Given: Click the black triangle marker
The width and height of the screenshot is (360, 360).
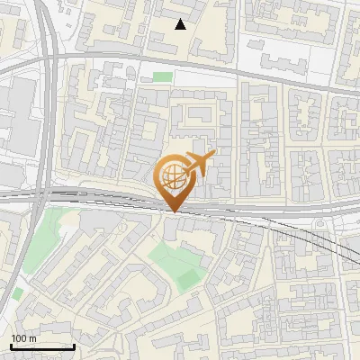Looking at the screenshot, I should click(x=181, y=24).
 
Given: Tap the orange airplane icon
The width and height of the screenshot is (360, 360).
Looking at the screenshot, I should click(x=196, y=164).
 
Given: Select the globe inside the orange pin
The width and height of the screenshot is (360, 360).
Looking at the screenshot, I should click(x=171, y=175).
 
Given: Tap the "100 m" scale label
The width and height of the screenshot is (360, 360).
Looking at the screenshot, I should click(x=23, y=338).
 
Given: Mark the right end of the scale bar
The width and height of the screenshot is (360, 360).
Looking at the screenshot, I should click(x=74, y=346).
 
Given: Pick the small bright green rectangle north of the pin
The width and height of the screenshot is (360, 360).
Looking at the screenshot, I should click(x=162, y=77).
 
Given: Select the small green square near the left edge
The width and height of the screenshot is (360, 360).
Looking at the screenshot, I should click(x=17, y=294).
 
